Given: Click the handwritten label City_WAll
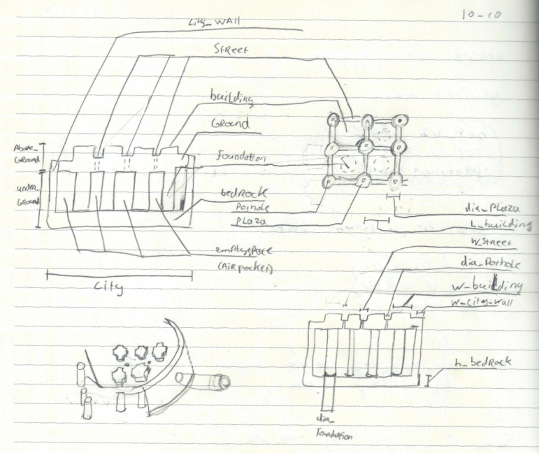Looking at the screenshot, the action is tap(214, 22).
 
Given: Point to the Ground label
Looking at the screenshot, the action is tap(230, 124).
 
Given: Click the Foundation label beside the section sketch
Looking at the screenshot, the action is tap(240, 158).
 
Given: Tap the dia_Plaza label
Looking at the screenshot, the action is tap(494, 208).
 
